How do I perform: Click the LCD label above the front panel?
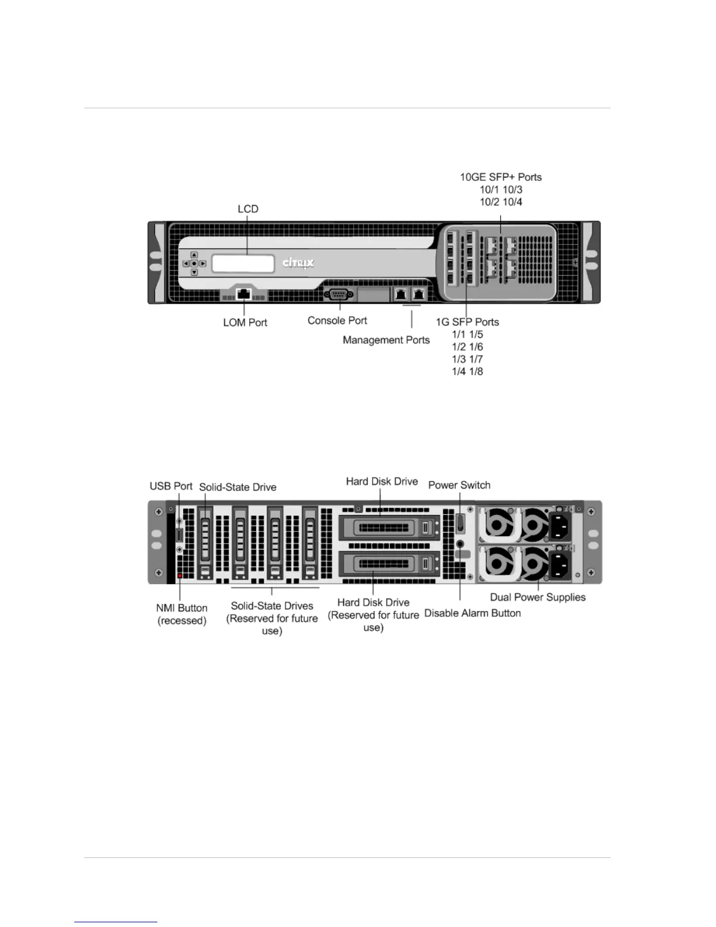[x=247, y=209]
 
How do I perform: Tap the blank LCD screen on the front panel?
[x=243, y=263]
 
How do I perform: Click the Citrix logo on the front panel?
[x=298, y=263]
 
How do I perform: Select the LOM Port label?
[x=245, y=322]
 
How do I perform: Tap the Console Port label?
[x=337, y=321]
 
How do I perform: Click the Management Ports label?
[x=386, y=340]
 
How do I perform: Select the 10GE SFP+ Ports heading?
[x=501, y=177]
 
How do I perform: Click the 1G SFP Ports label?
[x=467, y=322]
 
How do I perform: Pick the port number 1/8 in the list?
[x=476, y=372]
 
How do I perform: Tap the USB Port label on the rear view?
[x=171, y=486]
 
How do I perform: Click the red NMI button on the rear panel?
[x=180, y=576]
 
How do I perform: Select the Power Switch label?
[x=459, y=485]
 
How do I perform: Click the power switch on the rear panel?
[x=460, y=523]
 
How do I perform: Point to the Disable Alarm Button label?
[x=472, y=613]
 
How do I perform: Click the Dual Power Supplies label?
[x=538, y=597]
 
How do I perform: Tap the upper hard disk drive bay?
[x=389, y=528]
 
